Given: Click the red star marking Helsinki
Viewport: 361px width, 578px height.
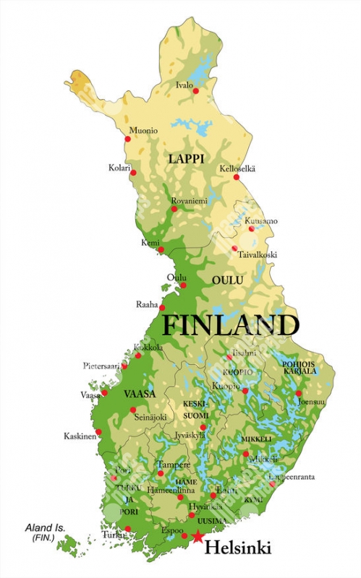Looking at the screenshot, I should click(198, 536).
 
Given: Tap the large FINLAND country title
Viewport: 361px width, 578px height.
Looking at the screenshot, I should click(229, 325).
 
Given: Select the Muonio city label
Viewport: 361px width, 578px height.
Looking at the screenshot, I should click(143, 131).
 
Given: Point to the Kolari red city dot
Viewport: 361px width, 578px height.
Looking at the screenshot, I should click(133, 173).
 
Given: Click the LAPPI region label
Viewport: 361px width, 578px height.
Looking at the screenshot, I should click(187, 158).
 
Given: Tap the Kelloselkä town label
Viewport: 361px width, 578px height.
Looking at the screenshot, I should click(238, 168).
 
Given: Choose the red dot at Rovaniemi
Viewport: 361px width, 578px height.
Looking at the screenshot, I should click(174, 209).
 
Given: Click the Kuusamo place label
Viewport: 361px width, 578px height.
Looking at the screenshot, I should click(260, 220).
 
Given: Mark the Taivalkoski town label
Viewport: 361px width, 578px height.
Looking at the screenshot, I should click(258, 255).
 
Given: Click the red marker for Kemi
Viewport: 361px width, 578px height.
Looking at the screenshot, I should click(161, 250).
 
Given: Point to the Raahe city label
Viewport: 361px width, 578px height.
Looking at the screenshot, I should click(147, 305).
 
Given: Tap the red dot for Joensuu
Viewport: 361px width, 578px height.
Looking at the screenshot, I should click(298, 394).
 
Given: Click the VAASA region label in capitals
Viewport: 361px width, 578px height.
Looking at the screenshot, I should click(140, 394).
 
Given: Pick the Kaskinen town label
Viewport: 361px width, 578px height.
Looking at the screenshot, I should click(80, 436).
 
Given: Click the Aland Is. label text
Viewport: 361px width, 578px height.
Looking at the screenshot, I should click(45, 528).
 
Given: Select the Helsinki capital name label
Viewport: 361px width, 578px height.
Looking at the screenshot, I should click(237, 549).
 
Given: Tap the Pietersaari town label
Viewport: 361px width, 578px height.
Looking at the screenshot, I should click(101, 366).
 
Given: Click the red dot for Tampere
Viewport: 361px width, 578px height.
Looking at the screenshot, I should click(161, 474).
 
